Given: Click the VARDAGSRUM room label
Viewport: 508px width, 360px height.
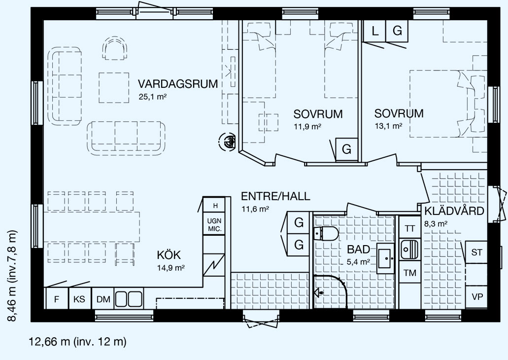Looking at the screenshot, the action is click(177, 84).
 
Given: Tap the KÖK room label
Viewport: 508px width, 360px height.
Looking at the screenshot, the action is click(169, 255).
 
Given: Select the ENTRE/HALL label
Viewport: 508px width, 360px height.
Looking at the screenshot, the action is click(275, 196).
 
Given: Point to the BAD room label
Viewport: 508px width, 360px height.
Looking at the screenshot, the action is click(358, 249).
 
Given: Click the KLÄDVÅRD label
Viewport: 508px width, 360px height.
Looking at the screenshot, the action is click(454, 211).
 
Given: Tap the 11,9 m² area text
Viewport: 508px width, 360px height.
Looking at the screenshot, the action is click(307, 126).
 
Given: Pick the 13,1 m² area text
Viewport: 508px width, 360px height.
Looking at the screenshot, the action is click(388, 126).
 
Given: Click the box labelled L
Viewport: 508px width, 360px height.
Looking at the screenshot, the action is click(375, 31).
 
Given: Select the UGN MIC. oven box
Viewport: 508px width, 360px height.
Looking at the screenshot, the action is click(214, 224).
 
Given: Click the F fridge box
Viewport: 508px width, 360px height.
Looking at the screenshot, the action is click(57, 298).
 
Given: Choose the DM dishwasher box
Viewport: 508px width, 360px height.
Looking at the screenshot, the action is click(103, 298).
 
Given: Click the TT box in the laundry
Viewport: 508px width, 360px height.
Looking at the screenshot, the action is click(410, 228).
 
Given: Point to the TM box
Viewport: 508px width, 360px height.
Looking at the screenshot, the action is click(410, 272).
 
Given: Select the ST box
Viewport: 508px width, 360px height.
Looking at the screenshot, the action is click(476, 252).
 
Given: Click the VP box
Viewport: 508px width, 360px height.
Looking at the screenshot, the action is click(477, 296).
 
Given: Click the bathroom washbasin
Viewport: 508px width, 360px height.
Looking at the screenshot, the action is click(385, 258).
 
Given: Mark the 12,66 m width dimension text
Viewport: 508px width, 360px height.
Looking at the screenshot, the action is click(78, 342).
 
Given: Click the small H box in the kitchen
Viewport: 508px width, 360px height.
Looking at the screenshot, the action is click(215, 205).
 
